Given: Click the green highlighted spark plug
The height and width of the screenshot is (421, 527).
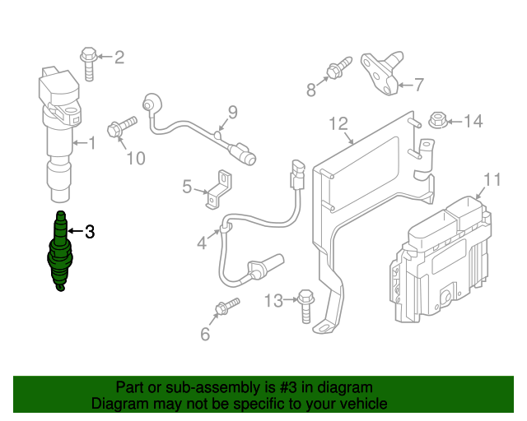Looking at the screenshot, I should point(60,252).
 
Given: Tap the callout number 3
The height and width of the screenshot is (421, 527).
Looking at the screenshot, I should point(90,232).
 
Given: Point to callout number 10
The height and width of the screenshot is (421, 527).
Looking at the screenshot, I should point(136,158).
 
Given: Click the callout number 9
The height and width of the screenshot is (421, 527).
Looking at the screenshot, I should point(232,112).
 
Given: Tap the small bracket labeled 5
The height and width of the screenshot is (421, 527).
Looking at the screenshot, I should point(217,187).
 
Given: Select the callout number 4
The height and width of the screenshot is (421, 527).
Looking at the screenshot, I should point(201,243).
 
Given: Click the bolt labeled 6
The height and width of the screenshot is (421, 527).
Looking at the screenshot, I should point(225,308).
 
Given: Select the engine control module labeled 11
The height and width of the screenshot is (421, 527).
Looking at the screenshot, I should point(441,255).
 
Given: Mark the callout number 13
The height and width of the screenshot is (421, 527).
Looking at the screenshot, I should point(273,301).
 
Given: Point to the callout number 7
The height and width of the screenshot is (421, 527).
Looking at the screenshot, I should point(418,84).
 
